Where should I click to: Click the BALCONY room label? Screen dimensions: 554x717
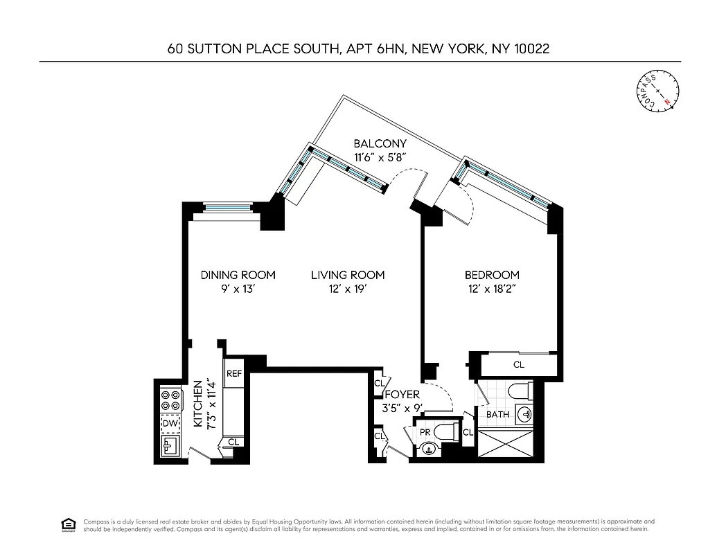coord(380,143)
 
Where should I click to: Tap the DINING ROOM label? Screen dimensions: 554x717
coord(238,275)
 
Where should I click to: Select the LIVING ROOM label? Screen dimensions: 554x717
coord(347,275)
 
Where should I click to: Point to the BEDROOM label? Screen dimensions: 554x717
coord(492,275)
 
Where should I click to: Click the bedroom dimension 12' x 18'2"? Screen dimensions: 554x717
coord(492,289)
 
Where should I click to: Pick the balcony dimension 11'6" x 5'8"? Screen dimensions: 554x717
coord(380,157)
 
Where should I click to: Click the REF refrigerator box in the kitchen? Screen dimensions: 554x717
coord(234,374)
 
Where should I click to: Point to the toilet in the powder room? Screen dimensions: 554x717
coord(452,433)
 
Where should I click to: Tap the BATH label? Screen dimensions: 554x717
coord(497,415)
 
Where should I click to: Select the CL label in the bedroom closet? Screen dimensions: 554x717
coord(518,364)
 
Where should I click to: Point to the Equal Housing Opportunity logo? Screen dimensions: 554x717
coord(68,524)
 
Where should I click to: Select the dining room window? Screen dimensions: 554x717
coord(227,206)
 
